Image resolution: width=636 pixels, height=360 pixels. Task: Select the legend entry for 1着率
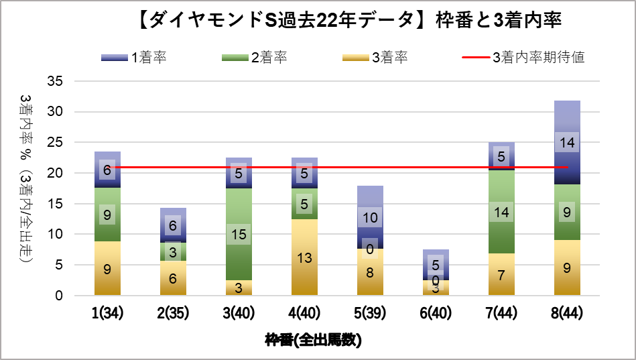click(x=135, y=57)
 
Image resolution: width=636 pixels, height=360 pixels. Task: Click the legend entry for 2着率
click(x=255, y=57)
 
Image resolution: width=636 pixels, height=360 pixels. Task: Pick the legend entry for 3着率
click(x=375, y=57)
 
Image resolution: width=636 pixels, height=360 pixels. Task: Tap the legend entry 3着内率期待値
click(x=523, y=57)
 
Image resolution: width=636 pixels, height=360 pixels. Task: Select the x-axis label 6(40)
click(x=436, y=314)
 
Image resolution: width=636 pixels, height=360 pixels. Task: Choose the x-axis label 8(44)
click(x=567, y=314)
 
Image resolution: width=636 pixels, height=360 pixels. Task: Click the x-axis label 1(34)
click(x=107, y=314)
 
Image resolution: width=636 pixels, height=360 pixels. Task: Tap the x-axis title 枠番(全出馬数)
click(x=314, y=340)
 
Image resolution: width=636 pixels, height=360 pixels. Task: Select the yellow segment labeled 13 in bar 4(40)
click(x=304, y=257)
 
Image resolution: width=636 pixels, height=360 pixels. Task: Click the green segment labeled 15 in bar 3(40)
click(x=239, y=235)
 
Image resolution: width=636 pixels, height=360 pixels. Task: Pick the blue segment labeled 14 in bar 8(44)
click(x=567, y=142)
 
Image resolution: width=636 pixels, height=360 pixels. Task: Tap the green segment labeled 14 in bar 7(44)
click(x=501, y=212)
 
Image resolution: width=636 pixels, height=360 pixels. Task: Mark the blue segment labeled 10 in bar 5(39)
click(x=370, y=218)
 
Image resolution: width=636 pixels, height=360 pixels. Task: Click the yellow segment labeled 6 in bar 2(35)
click(x=173, y=278)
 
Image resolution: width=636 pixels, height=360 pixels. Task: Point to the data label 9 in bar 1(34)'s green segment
click(x=107, y=215)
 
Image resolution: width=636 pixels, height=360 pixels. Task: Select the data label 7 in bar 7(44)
click(x=501, y=276)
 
